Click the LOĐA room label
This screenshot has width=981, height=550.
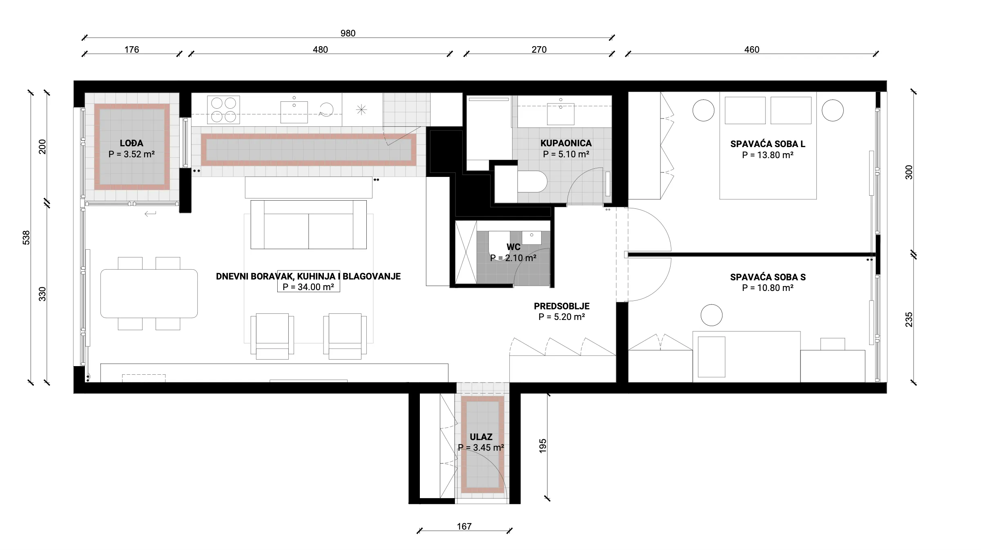[x=132, y=143]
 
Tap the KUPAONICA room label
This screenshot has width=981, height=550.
[x=566, y=143]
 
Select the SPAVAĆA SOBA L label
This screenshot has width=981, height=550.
[x=768, y=144]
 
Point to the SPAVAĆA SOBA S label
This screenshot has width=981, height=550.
[x=768, y=277]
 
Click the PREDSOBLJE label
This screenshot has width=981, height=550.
[x=562, y=306]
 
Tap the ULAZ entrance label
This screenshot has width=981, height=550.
[x=481, y=437]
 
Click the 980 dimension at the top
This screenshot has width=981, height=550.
[x=348, y=34]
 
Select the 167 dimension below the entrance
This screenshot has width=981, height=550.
[x=464, y=527]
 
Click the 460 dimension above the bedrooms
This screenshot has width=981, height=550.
[x=751, y=50]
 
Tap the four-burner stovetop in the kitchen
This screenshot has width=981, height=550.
[x=223, y=110]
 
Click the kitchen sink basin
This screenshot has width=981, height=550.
[x=294, y=112]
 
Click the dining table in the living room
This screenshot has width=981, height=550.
[x=149, y=293]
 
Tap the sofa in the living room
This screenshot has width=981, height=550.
[x=308, y=224]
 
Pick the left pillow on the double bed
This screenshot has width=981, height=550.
[x=745, y=110]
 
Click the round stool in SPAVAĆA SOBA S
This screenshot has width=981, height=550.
[x=711, y=315]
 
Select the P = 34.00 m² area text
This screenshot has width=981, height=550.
[x=308, y=287]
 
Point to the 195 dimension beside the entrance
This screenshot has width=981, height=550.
[x=542, y=445]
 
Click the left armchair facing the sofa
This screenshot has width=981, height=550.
[x=272, y=336]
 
